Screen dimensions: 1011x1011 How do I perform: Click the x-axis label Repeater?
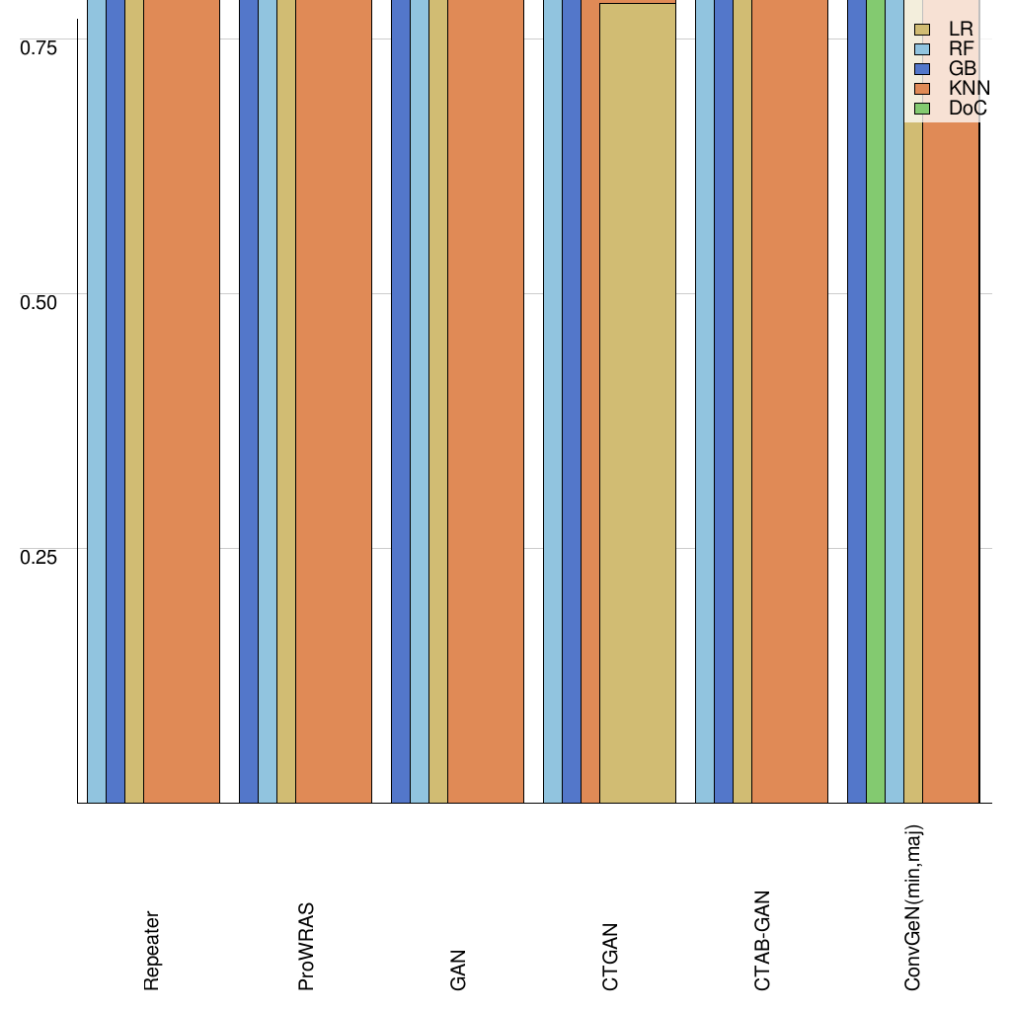pyautogui.click(x=151, y=950)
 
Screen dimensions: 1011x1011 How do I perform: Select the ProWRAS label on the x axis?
pyautogui.click(x=306, y=945)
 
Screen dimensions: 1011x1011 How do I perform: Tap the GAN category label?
pyautogui.click(x=458, y=970)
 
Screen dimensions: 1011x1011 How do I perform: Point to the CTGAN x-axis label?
pyautogui.click(x=610, y=957)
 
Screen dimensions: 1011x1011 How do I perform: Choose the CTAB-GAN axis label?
pyautogui.click(x=762, y=941)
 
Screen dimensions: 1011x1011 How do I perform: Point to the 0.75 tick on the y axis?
pyautogui.click(x=39, y=47)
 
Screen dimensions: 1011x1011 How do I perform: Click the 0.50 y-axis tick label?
pyautogui.click(x=39, y=301)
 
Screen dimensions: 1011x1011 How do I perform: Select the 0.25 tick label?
pyautogui.click(x=39, y=556)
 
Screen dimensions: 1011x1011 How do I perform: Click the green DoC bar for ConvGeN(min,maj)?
pyautogui.click(x=876, y=444)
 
